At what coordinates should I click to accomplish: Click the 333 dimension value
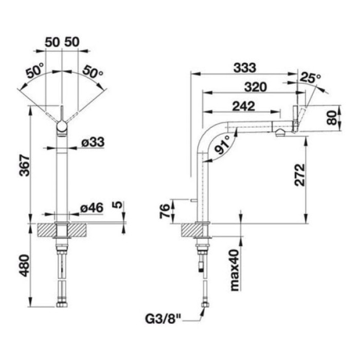pos(244,68)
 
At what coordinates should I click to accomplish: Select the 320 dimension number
pos(255,87)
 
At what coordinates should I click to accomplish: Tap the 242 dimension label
pos(244,106)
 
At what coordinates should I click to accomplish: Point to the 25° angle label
pos(310,78)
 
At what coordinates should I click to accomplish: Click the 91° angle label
pos(223,145)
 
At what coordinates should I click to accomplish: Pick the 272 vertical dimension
pos(300,175)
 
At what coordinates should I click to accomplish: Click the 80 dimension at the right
pos(332,118)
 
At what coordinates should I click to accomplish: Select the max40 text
pos(235,271)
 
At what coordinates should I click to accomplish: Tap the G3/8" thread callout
pos(163,319)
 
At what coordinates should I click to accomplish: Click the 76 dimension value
pos(165,211)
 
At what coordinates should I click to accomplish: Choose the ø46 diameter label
pos(92,208)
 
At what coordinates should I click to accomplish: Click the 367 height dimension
pos(25,166)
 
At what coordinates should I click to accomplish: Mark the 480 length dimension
pos(25,265)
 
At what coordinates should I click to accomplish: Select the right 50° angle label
pos(93,71)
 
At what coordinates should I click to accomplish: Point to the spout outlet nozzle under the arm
pos(280,133)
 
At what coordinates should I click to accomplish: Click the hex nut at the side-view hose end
pos(205,305)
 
